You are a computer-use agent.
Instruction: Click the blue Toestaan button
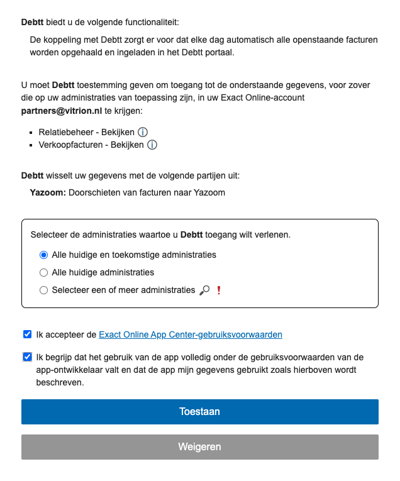coord(199,412)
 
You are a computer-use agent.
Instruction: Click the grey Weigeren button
coord(199,447)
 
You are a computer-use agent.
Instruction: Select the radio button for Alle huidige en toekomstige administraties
coord(43,255)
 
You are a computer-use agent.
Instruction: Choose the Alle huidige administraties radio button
coord(43,273)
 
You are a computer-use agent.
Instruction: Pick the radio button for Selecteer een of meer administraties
coord(43,290)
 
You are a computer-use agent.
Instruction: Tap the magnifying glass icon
coord(204,290)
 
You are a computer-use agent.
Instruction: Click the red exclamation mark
coord(218,290)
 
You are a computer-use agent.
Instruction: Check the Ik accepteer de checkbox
coord(26,334)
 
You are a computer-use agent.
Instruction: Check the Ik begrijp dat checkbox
coord(26,357)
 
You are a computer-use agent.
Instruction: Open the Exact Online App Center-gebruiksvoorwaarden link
coord(190,334)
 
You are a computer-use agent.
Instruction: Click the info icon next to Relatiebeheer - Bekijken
coord(143,132)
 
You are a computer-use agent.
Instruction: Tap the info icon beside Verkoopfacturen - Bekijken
coord(152,145)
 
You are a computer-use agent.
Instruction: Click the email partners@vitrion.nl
coord(62,111)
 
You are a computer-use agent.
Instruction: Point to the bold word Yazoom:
coord(48,193)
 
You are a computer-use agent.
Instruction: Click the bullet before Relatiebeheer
coord(31,133)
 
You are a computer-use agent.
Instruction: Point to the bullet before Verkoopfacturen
coord(31,146)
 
